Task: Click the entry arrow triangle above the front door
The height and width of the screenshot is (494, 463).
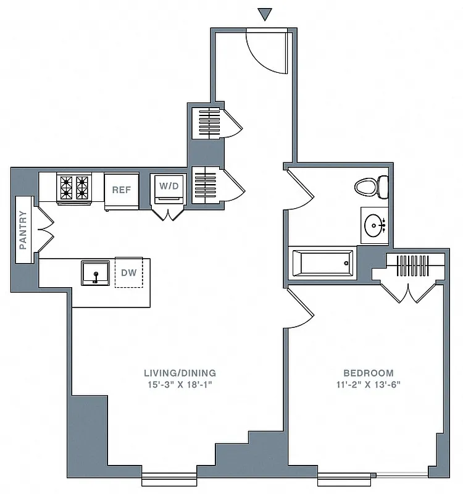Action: point(265,14)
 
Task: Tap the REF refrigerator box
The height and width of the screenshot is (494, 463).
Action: point(121,190)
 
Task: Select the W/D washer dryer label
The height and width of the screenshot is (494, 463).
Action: point(168,186)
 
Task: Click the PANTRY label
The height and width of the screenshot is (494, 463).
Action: point(23,230)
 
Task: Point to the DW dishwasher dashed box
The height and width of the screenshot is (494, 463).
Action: point(128,272)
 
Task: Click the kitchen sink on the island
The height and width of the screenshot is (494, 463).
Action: point(96,272)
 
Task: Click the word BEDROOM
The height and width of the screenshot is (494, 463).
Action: point(369,373)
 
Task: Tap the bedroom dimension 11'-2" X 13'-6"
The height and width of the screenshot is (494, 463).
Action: point(369,384)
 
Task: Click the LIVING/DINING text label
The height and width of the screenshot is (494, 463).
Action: point(180,373)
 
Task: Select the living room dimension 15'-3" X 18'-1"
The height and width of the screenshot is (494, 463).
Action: point(180,384)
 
